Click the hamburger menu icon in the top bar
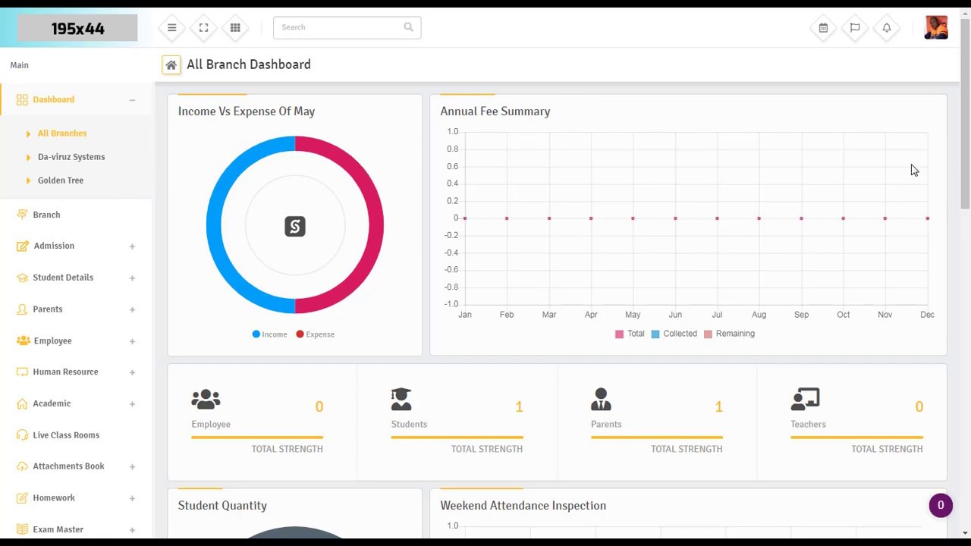point(172,28)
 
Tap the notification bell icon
point(887,28)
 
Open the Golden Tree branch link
point(61,180)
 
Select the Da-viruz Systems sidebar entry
point(71,157)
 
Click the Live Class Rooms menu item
point(66,435)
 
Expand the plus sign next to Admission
point(132,246)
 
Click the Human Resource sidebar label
point(65,372)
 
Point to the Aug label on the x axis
point(759,315)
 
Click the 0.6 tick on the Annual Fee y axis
point(452,167)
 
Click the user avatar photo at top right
point(936,27)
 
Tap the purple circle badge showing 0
point(941,506)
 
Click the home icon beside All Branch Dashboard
point(171,65)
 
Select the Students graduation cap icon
point(401,399)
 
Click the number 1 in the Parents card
point(718,407)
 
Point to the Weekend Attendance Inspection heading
point(523,506)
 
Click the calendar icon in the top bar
point(823,28)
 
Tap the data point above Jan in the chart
point(465,218)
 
